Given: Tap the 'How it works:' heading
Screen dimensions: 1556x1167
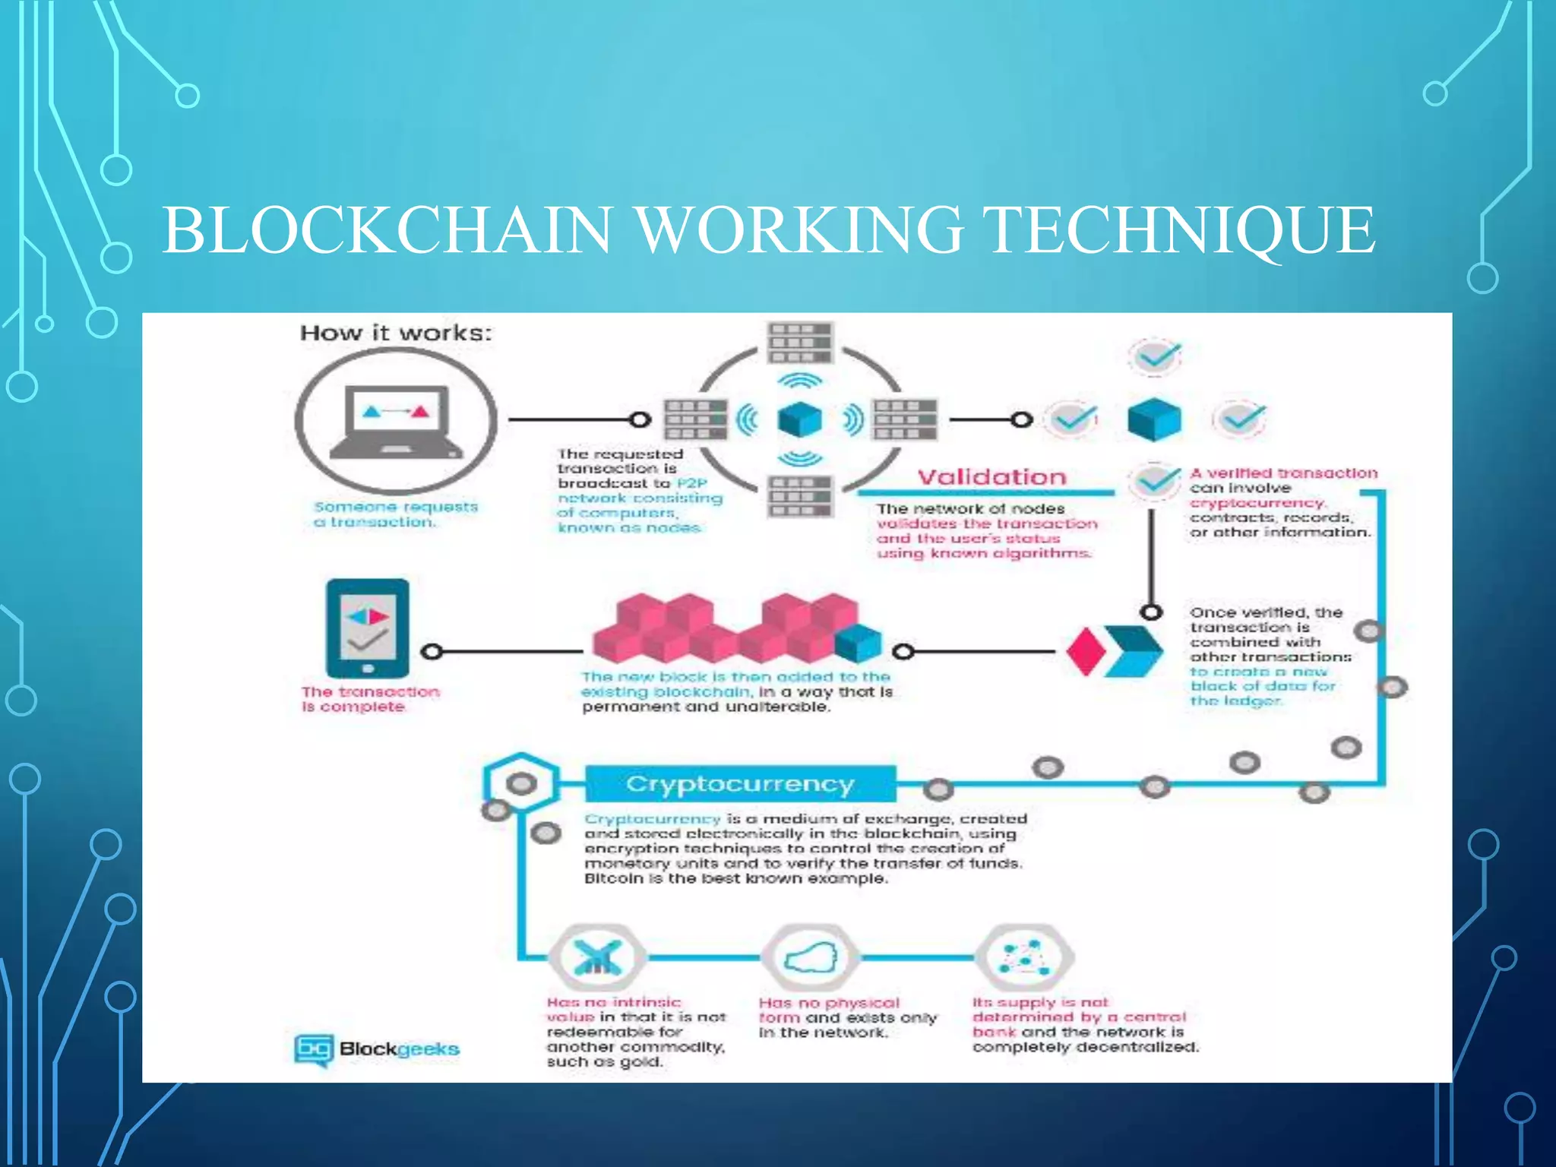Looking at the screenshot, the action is [396, 333].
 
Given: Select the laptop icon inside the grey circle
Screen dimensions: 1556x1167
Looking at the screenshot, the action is [396, 422].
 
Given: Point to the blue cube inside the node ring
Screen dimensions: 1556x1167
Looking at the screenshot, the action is [800, 419].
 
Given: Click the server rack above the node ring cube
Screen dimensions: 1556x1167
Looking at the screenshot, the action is [800, 343].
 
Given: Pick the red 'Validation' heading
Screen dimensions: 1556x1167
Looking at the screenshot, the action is [991, 477].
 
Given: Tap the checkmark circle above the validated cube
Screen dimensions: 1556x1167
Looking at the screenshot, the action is [1154, 356].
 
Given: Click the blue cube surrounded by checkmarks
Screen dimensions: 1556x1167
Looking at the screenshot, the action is [1154, 419].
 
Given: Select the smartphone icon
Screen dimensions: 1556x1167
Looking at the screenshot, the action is [368, 628].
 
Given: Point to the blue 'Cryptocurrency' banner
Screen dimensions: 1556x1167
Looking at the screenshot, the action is [740, 784].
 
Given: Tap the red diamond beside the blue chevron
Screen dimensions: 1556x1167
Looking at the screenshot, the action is [1085, 651].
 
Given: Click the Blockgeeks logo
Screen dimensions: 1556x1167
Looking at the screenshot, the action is [377, 1049].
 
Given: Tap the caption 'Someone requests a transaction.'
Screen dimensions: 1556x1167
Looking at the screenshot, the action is [396, 514].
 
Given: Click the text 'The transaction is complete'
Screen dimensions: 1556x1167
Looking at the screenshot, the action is [370, 699].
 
